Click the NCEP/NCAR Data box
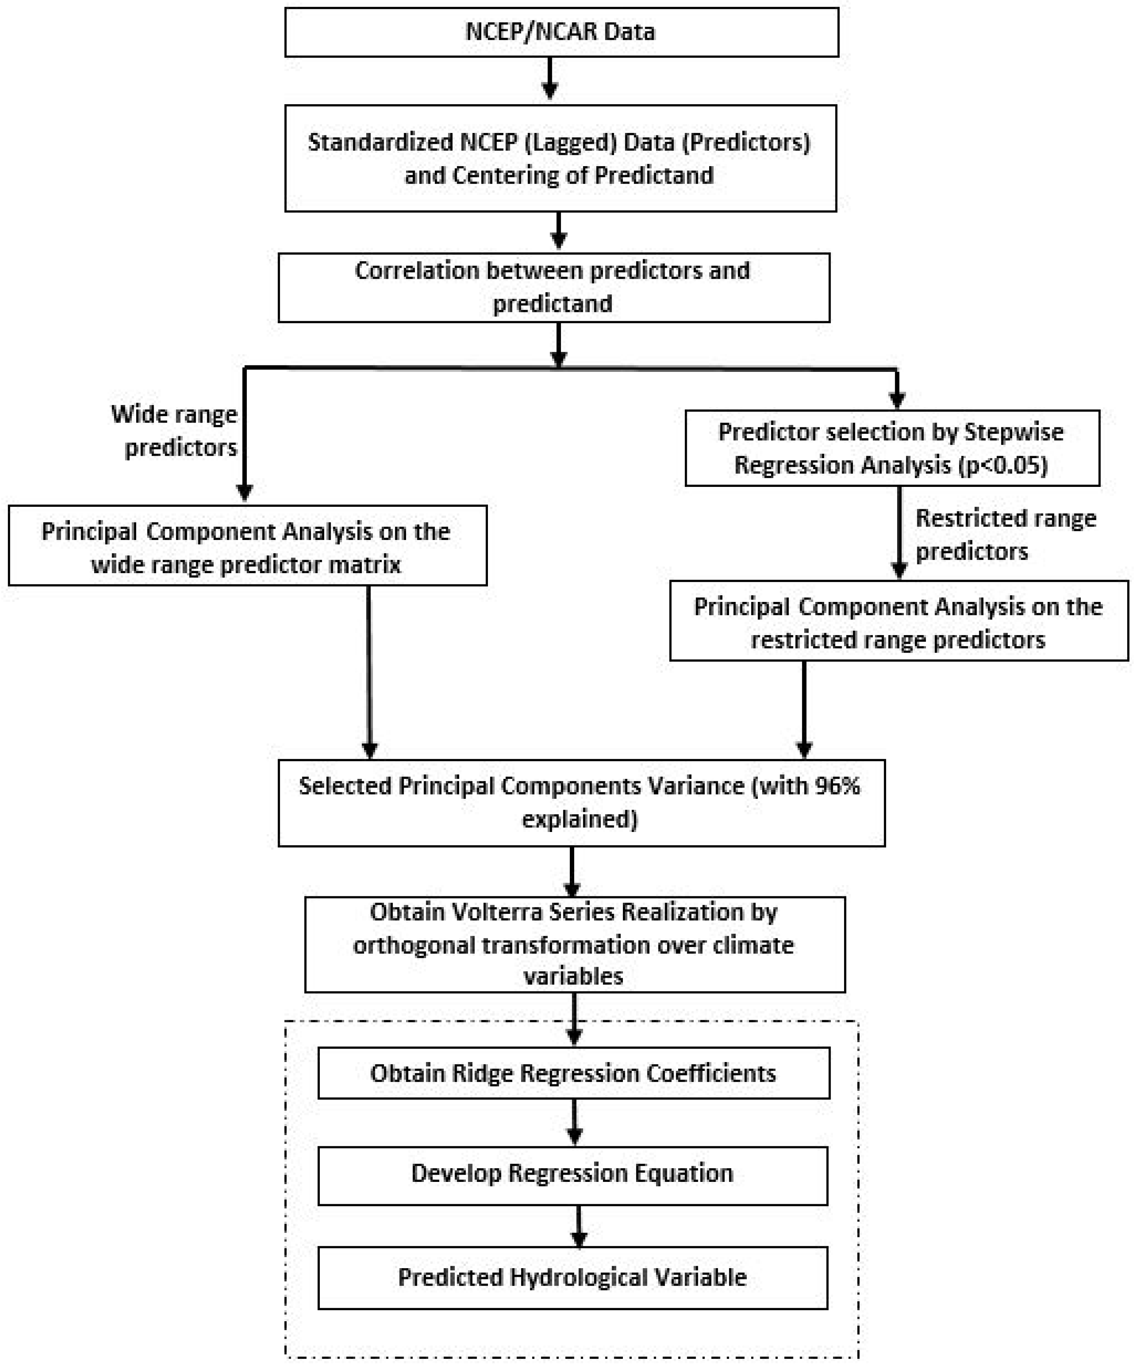(561, 32)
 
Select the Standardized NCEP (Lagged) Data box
(560, 158)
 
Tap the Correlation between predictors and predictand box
(553, 288)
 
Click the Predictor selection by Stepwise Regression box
(892, 448)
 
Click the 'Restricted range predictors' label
(1005, 534)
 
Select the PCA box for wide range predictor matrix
(247, 546)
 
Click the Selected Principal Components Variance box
(581, 803)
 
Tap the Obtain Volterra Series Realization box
(574, 944)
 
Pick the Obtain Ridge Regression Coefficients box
(573, 1073)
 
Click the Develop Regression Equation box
(572, 1173)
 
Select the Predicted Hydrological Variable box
(572, 1277)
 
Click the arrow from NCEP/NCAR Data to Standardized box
(550, 78)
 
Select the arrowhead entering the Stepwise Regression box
(897, 400)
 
